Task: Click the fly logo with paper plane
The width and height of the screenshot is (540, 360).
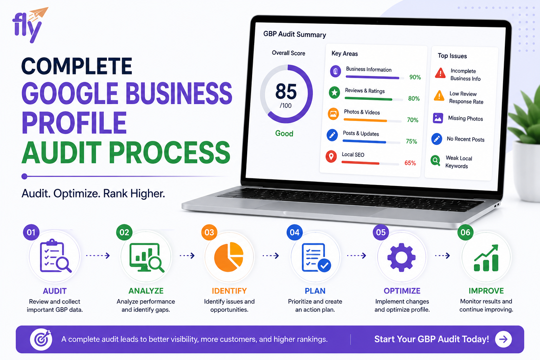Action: pos(30,25)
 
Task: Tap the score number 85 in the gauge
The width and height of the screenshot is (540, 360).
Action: pos(286,91)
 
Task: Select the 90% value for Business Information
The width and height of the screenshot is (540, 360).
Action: pos(415,77)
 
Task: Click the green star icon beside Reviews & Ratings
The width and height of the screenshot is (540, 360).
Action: pos(334,92)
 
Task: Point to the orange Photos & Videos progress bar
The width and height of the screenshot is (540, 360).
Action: pos(365,120)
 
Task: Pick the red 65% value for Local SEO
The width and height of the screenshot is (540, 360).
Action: pos(410,163)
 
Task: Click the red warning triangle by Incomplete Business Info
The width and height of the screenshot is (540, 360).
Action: pos(440,73)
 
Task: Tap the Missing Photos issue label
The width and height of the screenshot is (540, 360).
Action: pos(465,118)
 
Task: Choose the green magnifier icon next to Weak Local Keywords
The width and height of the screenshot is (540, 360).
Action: pos(435,160)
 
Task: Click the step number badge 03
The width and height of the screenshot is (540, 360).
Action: pos(209,232)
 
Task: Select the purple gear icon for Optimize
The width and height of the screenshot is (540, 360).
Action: pos(401,257)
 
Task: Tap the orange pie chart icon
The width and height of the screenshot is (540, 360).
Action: pos(229,257)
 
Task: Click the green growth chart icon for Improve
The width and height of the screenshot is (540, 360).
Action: pos(486,258)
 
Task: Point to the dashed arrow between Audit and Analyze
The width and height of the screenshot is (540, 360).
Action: pos(98,256)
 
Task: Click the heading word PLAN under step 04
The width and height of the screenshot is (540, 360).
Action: pos(315,291)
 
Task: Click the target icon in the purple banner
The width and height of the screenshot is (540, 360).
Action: pos(41,339)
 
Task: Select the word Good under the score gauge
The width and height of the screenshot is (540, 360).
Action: pos(284,133)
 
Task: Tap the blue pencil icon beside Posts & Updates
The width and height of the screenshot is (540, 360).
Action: pos(332,135)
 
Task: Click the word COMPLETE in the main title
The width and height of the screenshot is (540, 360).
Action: pos(77,66)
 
